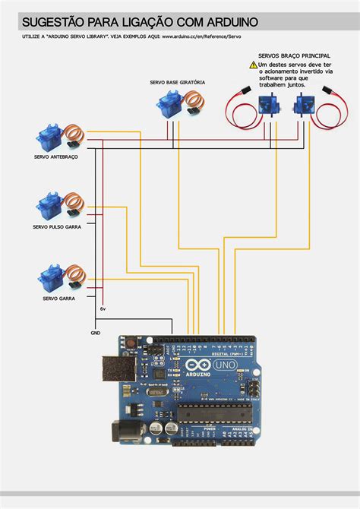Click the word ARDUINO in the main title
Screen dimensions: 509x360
coord(221,23)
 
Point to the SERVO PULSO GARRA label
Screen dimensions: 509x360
coord(57,226)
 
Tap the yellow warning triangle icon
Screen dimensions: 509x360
coord(253,66)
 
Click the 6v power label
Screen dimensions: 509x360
coord(103,309)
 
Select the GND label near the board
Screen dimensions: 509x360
coord(95,333)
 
